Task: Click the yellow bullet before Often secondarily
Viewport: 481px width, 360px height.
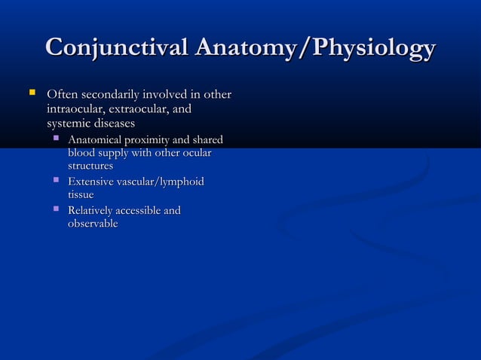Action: (x=31, y=93)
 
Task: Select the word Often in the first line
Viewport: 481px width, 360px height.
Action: (x=63, y=96)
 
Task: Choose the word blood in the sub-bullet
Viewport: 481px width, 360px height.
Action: (x=82, y=154)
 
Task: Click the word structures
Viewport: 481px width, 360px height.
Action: (x=90, y=166)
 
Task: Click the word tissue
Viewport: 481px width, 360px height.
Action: (x=81, y=195)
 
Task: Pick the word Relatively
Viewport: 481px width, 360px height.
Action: (x=93, y=211)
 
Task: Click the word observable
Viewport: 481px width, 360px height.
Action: (x=93, y=224)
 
